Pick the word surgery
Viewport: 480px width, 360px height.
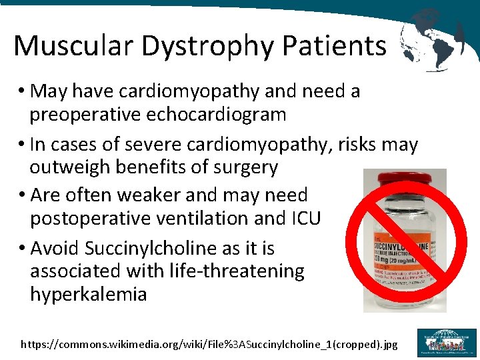(x=244, y=167)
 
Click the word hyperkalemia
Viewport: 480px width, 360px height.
(x=88, y=294)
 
